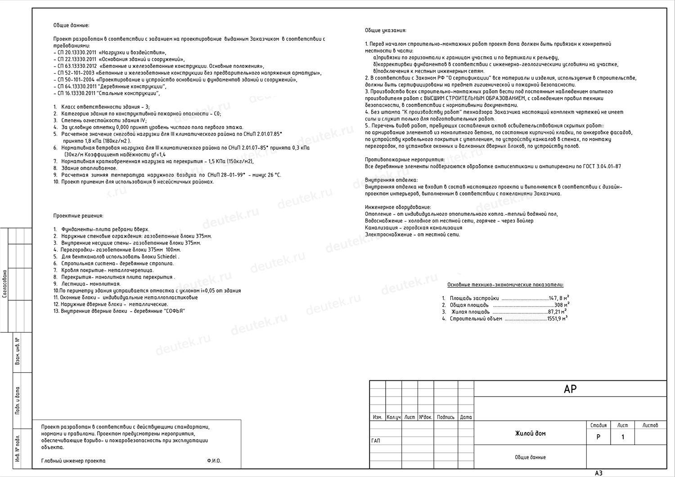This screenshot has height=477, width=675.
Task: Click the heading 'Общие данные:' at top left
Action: [x=71, y=26]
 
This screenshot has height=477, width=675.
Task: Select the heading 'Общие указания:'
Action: [x=386, y=31]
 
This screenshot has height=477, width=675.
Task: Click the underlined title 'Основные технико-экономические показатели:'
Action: [x=505, y=285]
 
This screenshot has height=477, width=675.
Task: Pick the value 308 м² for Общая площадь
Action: [x=562, y=305]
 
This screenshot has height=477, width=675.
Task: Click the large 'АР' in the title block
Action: [x=570, y=389]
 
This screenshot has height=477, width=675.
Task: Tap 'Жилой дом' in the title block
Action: [x=530, y=433]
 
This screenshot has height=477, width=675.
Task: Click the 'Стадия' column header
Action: [x=598, y=425]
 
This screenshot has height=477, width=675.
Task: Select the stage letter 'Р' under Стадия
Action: [x=598, y=437]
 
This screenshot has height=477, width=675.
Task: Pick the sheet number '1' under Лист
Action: [x=623, y=437]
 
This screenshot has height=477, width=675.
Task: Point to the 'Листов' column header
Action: [x=650, y=425]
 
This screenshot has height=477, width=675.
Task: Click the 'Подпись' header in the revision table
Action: [x=445, y=417]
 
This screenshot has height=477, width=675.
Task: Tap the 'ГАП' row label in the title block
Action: [x=376, y=441]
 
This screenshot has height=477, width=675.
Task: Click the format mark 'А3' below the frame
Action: [x=598, y=473]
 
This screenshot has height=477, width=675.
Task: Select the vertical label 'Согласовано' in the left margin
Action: [x=4, y=284]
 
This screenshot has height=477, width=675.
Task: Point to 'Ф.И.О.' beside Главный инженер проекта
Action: [x=214, y=461]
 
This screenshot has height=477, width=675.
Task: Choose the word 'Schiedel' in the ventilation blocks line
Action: [x=167, y=257]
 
